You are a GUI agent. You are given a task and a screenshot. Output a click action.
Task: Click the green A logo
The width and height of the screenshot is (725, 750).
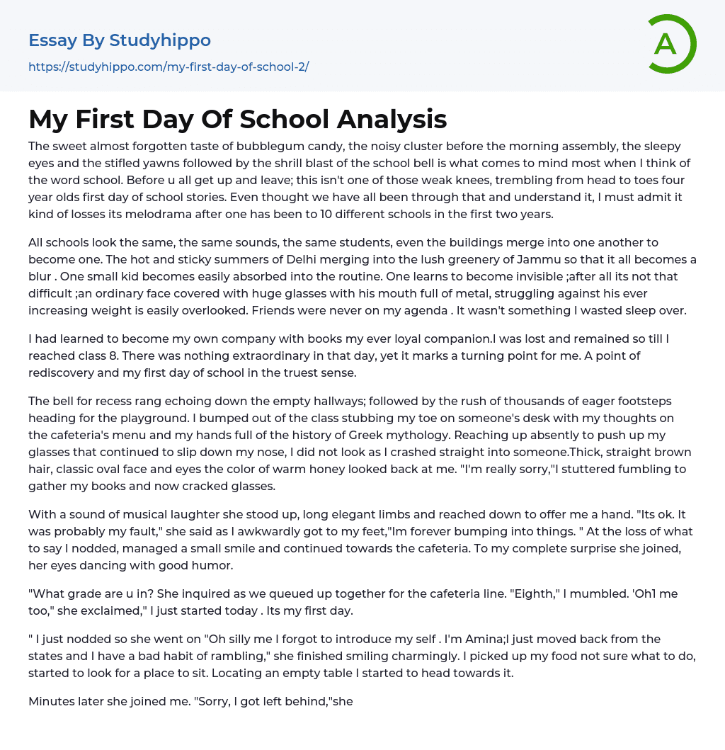[671, 44]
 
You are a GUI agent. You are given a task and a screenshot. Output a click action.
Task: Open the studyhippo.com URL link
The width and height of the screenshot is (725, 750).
[169, 67]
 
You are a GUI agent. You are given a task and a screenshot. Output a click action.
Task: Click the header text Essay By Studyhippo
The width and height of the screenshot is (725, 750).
[120, 40]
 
